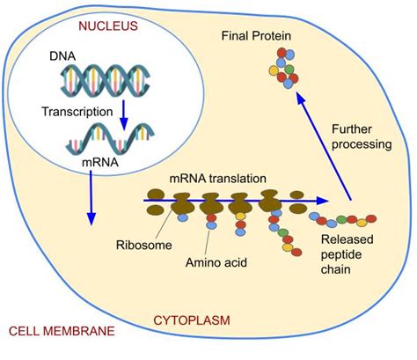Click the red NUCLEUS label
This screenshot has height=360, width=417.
108,26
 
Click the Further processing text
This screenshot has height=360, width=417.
366,137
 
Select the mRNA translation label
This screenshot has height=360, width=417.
218,179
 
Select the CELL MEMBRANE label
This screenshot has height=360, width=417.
60,332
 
